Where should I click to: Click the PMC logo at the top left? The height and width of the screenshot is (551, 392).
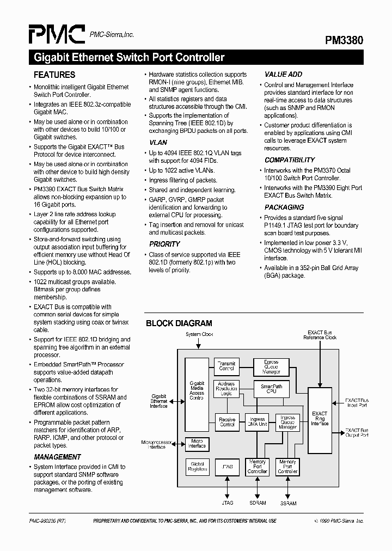57,35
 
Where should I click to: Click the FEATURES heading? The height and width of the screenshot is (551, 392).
54,75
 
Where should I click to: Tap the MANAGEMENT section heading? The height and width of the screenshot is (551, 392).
57,457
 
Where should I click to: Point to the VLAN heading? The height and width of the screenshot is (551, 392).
158,142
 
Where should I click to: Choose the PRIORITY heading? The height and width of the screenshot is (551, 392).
164,244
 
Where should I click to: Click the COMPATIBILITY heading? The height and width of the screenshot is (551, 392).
290,160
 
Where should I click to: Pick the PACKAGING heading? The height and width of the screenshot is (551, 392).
284,207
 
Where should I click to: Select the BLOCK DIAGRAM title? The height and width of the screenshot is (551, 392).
179,323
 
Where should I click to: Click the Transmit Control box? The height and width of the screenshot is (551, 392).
226,366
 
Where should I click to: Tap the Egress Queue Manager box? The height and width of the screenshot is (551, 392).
271,367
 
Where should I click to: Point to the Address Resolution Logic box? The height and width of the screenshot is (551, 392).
226,389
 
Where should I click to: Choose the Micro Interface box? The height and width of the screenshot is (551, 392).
197,444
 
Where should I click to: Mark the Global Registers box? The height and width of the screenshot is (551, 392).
197,467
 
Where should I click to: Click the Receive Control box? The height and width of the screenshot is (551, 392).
226,422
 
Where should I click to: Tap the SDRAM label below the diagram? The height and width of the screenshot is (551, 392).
258,503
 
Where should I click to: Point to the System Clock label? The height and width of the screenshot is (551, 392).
199,334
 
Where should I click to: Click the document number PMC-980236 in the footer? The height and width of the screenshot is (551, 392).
47,521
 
